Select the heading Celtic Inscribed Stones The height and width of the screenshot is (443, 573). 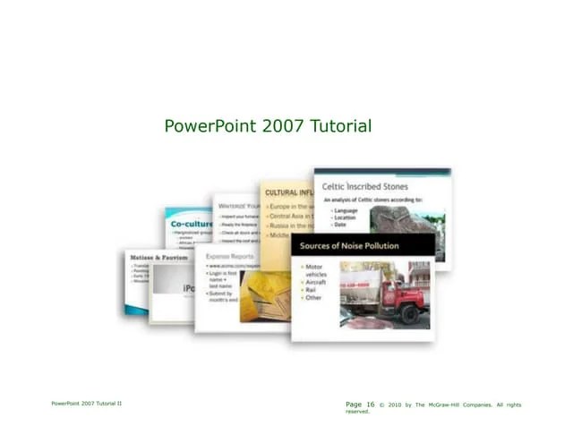(x=371, y=186)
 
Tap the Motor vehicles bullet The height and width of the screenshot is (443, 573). (x=316, y=270)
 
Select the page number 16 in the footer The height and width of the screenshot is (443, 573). (x=371, y=405)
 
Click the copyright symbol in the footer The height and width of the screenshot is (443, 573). (x=382, y=405)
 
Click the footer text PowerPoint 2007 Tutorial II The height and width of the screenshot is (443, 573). (x=87, y=405)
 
